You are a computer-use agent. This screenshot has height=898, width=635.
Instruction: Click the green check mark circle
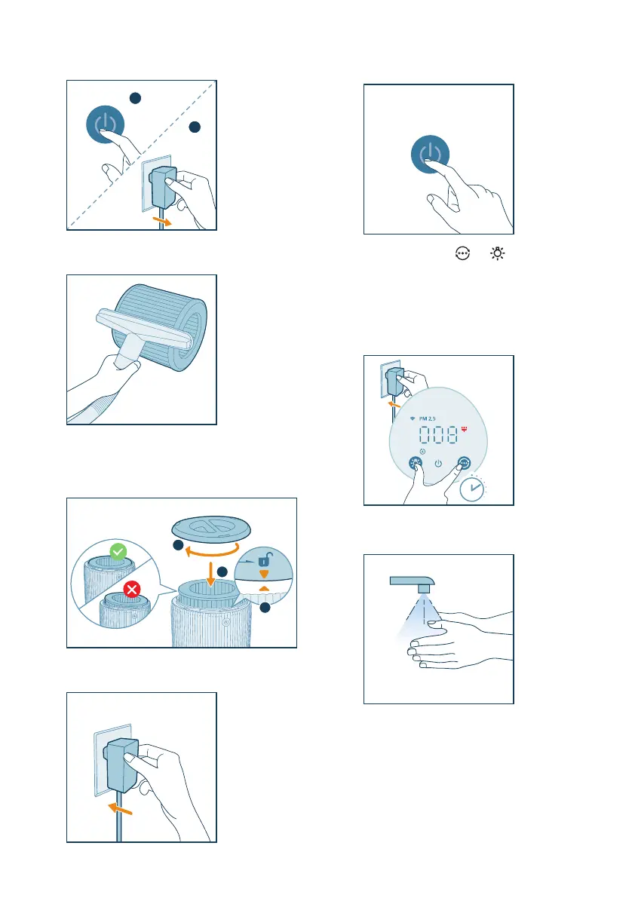pyautogui.click(x=118, y=551)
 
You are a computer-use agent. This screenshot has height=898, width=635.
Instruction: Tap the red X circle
pyautogui.click(x=132, y=589)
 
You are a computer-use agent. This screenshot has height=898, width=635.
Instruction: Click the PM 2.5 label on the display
pyautogui.click(x=427, y=418)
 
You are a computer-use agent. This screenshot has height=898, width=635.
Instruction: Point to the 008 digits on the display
pyautogui.click(x=438, y=435)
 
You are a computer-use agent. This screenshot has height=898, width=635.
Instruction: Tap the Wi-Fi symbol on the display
pyautogui.click(x=413, y=418)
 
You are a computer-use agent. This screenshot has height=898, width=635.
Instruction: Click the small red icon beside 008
pyautogui.click(x=464, y=428)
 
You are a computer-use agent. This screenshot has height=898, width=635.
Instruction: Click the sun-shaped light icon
pyautogui.click(x=498, y=253)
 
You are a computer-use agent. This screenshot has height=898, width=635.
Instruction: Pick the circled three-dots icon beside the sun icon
pyautogui.click(x=462, y=253)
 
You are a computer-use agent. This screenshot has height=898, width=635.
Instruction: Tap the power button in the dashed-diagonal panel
pyautogui.click(x=106, y=124)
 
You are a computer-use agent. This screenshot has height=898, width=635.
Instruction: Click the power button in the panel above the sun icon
pyautogui.click(x=430, y=154)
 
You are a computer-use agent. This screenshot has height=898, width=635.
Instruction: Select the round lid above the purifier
pyautogui.click(x=211, y=528)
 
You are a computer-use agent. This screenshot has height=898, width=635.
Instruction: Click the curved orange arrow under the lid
pyautogui.click(x=211, y=551)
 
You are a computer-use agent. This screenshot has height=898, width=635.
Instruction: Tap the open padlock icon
pyautogui.click(x=265, y=559)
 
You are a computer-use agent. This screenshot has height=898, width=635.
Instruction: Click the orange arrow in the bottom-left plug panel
pyautogui.click(x=121, y=809)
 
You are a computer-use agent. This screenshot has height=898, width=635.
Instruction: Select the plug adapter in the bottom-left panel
pyautogui.click(x=121, y=765)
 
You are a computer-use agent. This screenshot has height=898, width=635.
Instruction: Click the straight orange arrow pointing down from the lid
pyautogui.click(x=210, y=574)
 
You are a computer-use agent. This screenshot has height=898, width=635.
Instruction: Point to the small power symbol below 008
pyautogui.click(x=438, y=463)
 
